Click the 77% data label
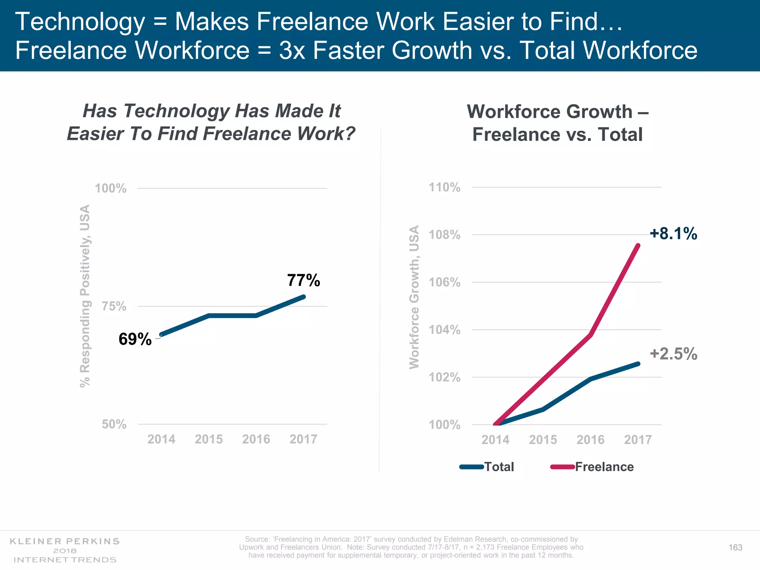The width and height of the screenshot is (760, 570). pyautogui.click(x=303, y=280)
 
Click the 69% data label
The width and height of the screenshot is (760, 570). pyautogui.click(x=135, y=339)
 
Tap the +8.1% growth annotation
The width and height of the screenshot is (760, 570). pyautogui.click(x=673, y=233)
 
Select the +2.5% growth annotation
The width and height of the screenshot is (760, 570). pyautogui.click(x=673, y=354)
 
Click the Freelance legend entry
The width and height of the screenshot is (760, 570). pyautogui.click(x=604, y=466)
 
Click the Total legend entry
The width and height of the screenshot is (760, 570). pyautogui.click(x=499, y=466)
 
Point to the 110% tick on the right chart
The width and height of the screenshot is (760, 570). pyautogui.click(x=445, y=187)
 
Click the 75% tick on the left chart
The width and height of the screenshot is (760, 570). pyautogui.click(x=114, y=307)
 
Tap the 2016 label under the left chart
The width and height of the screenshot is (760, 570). pyautogui.click(x=256, y=439)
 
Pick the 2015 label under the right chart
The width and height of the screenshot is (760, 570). pyautogui.click(x=543, y=440)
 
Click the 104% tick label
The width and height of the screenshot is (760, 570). pyautogui.click(x=445, y=330)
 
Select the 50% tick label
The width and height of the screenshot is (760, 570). pyautogui.click(x=114, y=424)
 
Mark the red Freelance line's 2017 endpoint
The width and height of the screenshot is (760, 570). pyautogui.click(x=638, y=246)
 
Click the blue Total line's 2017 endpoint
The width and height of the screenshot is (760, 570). pyautogui.click(x=638, y=364)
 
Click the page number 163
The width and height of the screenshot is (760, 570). pyautogui.click(x=735, y=547)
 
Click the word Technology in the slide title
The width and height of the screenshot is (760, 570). pyautogui.click(x=80, y=22)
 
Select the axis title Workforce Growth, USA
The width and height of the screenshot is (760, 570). pyautogui.click(x=414, y=297)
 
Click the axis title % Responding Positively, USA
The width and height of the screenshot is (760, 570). pyautogui.click(x=85, y=296)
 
